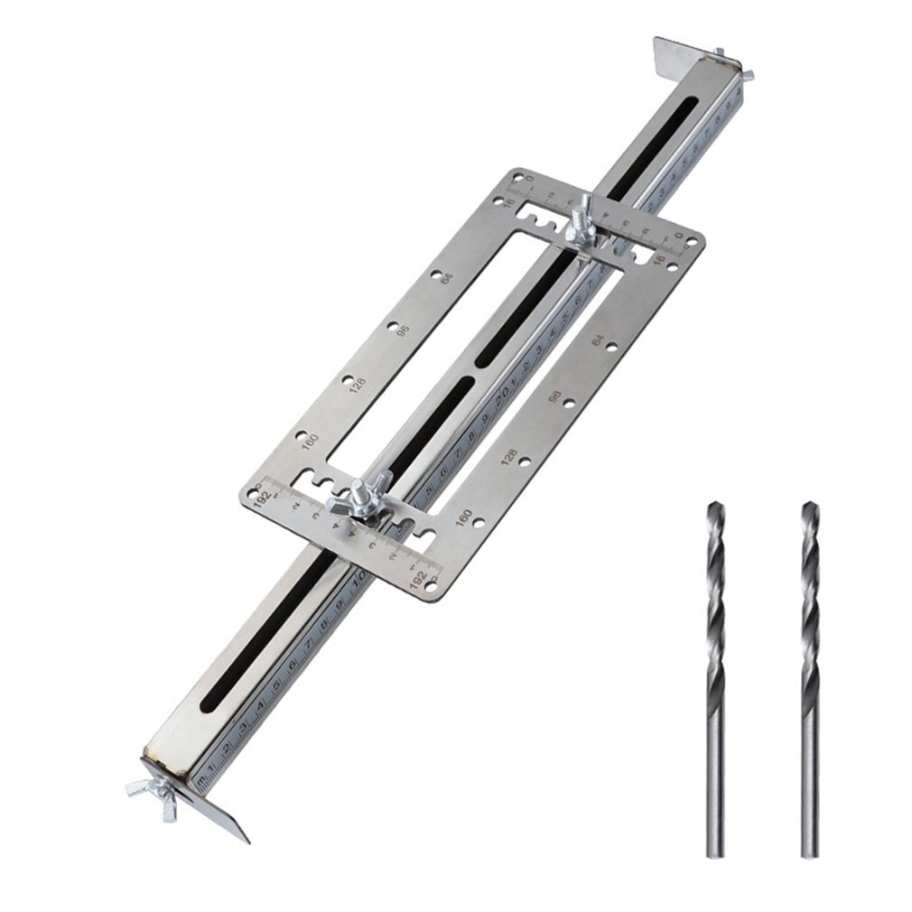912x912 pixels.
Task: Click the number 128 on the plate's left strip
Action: point(358,385)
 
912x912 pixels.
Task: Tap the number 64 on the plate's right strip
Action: point(597,340)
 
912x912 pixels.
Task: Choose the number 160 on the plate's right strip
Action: point(464,518)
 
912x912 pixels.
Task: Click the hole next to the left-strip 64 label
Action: point(434,275)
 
